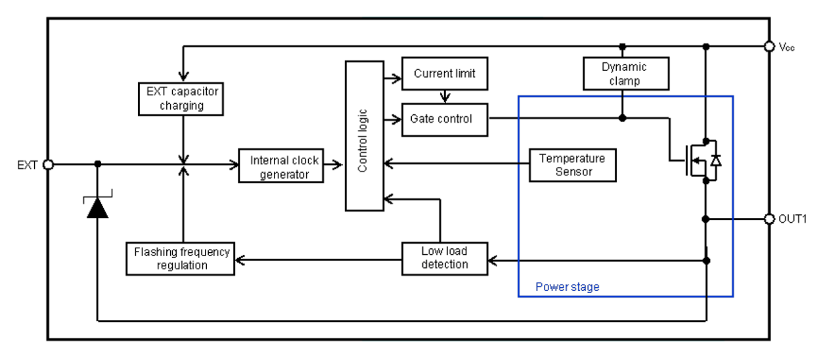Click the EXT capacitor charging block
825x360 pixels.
(179, 97)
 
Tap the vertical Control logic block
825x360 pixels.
(363, 135)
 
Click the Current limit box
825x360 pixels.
(445, 74)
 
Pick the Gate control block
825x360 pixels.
(445, 119)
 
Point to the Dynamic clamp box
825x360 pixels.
(625, 74)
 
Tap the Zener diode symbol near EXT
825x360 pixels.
(98, 206)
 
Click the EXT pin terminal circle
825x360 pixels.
(48, 164)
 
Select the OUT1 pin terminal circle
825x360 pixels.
(769, 219)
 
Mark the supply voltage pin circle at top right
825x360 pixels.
(769, 47)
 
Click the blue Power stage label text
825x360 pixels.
(567, 287)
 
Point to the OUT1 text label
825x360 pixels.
(792, 219)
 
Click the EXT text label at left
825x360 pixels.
(28, 164)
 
